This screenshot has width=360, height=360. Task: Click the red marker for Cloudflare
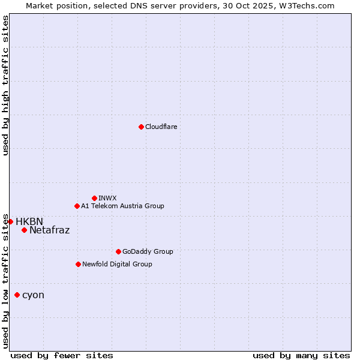pyautogui.click(x=141, y=127)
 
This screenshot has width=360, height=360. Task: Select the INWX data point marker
pyautogui.click(x=94, y=198)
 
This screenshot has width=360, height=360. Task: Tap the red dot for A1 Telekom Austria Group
pyautogui.click(x=77, y=206)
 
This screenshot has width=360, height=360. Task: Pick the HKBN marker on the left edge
pyautogui.click(x=10, y=221)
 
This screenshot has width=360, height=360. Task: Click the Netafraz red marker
pyautogui.click(x=24, y=230)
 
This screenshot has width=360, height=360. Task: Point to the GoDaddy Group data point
pyautogui.click(x=118, y=251)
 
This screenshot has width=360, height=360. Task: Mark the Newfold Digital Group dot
pyautogui.click(x=78, y=264)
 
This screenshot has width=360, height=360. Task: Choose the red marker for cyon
pyautogui.click(x=17, y=295)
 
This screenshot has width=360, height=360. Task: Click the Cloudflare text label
pyautogui.click(x=161, y=127)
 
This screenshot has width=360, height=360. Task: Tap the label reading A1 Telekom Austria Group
pyautogui.click(x=122, y=206)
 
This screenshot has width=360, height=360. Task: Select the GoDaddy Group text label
pyautogui.click(x=148, y=251)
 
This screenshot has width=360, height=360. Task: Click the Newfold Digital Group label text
pyautogui.click(x=117, y=264)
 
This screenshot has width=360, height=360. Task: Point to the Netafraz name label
pyautogui.click(x=49, y=230)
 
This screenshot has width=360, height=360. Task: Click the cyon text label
pyautogui.click(x=33, y=295)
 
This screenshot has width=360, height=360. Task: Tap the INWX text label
pyautogui.click(x=107, y=198)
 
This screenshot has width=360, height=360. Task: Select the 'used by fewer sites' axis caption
pyautogui.click(x=62, y=355)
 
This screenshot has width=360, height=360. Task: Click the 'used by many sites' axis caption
pyautogui.click(x=301, y=355)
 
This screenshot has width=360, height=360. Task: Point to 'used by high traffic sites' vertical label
pyautogui.click(x=5, y=85)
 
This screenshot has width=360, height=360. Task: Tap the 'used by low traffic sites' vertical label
pyautogui.click(x=5, y=281)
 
